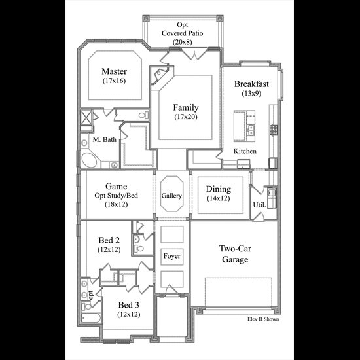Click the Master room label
tap(114, 71)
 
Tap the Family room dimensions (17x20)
tap(186, 117)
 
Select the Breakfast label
tap(251, 84)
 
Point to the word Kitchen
tap(245, 151)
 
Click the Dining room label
tap(219, 189)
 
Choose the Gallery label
tap(171, 196)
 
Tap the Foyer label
tap(171, 256)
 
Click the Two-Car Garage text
tap(235, 254)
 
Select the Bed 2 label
tap(109, 240)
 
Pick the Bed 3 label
tap(128, 305)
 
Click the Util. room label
tap(259, 205)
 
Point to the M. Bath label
tap(105, 139)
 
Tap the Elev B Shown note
tap(263, 319)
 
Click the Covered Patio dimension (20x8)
tap(183, 42)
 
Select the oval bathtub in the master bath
tap(89, 160)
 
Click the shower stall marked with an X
tap(86, 117)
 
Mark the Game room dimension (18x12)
tap(116, 204)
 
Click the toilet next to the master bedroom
tap(143, 115)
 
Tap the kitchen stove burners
tap(274, 130)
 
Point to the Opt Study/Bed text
tap(116, 196)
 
